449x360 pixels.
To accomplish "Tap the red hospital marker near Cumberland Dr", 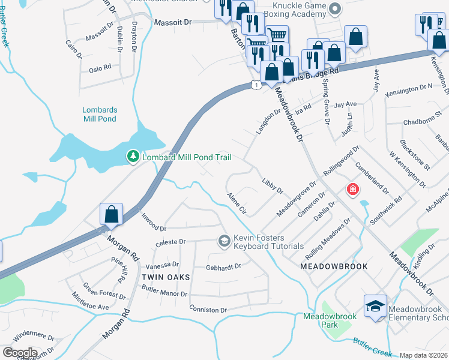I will [x=353, y=190].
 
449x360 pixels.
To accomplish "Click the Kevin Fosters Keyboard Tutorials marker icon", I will [x=224, y=241].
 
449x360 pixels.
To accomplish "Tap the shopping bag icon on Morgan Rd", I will [x=112, y=214].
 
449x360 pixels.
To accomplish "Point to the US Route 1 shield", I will [x=256, y=86].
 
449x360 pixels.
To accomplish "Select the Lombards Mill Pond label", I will [x=100, y=114].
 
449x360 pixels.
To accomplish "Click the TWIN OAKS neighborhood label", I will [x=166, y=277].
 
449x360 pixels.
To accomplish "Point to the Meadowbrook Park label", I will [x=330, y=320].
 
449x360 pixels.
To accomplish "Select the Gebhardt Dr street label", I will [x=223, y=266].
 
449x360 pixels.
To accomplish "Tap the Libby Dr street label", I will [x=272, y=185].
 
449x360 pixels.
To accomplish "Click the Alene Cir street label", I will [x=237, y=203].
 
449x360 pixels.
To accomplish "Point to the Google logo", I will [x=20, y=353].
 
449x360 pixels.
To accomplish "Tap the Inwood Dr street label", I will [x=153, y=223].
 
